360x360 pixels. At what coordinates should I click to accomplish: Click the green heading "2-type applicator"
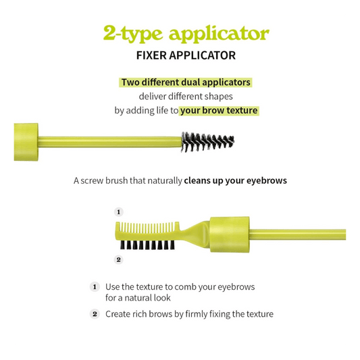186,34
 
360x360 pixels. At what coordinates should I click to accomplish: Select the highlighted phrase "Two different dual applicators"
186,82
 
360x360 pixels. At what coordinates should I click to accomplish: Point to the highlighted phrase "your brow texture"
219,111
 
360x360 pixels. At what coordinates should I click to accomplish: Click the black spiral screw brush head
207,142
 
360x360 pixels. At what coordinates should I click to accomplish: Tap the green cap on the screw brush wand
26,142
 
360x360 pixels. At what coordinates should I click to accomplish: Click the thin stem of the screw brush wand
109,142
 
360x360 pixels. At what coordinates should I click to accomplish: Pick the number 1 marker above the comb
118,211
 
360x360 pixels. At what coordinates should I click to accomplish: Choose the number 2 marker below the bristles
118,259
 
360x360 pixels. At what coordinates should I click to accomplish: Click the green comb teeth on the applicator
147,227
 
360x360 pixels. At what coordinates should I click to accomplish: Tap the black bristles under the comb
147,245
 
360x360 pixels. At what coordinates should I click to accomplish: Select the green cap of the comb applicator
230,234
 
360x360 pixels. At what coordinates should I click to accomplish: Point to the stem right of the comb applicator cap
298,234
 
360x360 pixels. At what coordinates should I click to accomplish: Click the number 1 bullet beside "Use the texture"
95,287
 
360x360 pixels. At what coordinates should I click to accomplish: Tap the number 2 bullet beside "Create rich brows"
95,314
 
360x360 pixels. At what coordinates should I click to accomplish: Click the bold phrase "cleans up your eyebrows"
235,180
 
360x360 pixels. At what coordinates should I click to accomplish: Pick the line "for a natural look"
138,298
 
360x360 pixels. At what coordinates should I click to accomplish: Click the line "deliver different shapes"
186,97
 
